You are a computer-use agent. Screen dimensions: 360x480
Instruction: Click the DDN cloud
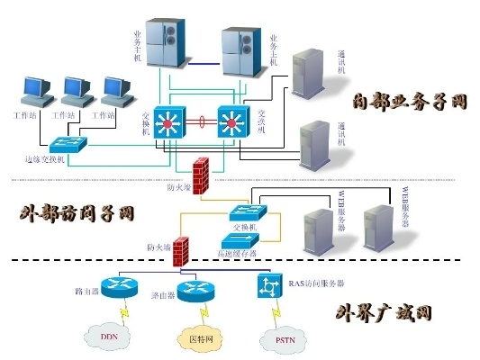pyautogui.click(x=109, y=337)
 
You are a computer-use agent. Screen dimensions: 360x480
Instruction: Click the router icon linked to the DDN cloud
pyautogui.click(x=115, y=288)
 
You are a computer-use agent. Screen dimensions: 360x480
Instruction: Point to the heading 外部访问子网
pyautogui.click(x=77, y=213)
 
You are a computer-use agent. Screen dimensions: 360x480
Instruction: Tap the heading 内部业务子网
pyautogui.click(x=409, y=101)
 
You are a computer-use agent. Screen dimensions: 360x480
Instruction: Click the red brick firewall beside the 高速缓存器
pyautogui.click(x=182, y=250)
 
